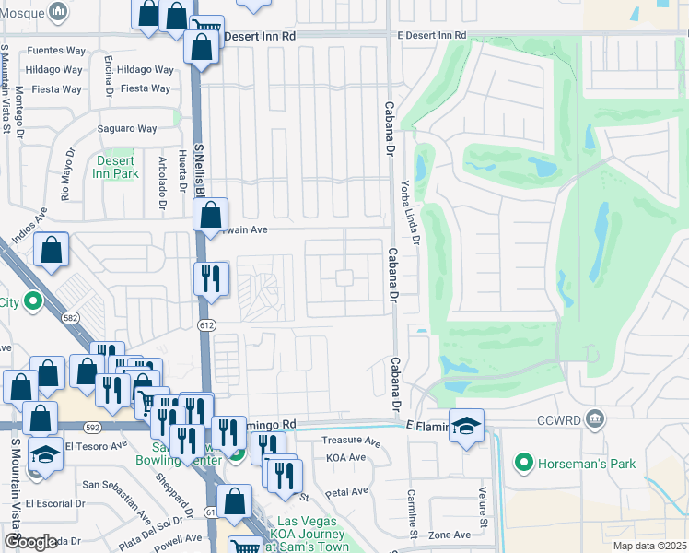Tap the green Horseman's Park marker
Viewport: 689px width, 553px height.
524,461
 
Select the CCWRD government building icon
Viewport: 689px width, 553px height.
595,421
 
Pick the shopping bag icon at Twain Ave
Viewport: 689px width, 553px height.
211,218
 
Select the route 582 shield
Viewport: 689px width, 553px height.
69,317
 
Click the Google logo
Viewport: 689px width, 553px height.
30,542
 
